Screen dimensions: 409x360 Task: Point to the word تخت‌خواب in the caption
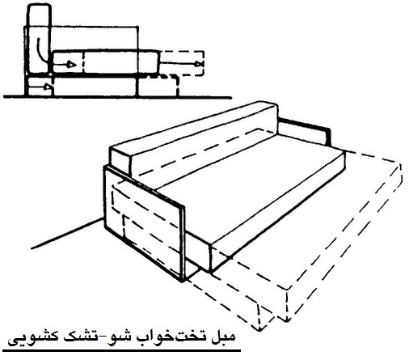pos(171,337)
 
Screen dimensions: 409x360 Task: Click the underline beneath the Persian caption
pos(124,350)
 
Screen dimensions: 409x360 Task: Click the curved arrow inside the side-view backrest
pos(42,51)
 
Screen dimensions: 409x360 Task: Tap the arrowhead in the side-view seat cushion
pos(71,64)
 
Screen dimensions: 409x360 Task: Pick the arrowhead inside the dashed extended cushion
pos(198,64)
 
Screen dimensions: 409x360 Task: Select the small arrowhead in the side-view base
pos(48,87)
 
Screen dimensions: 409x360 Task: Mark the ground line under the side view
pos(117,97)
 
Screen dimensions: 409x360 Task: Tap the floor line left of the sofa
pos(67,233)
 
